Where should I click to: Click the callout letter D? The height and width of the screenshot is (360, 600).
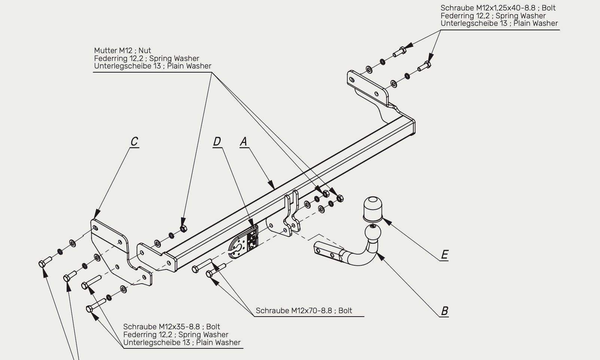pos(217,141)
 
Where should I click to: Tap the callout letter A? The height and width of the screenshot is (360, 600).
pos(244,141)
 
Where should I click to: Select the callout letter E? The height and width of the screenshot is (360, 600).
pos(445,254)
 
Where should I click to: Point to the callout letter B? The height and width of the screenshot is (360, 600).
pos(445,311)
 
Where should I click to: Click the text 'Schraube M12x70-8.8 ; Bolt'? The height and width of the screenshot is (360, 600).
pos(304,311)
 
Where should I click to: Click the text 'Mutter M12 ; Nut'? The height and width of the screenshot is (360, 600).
pos(122,51)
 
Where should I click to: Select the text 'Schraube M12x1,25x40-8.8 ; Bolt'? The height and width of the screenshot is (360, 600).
pos(498,8)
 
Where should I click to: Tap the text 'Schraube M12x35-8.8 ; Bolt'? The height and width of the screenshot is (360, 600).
pos(171,327)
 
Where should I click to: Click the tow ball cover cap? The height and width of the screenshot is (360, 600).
pos(373,209)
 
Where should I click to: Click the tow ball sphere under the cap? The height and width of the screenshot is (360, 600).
pos(373,233)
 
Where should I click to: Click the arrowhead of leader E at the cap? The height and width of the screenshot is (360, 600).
pos(387,222)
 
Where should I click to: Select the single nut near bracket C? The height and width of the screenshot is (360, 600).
pos(183,229)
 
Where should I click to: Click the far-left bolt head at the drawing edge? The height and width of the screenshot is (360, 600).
pos(42,264)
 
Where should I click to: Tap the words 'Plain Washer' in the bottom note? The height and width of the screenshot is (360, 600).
pos(218,342)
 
